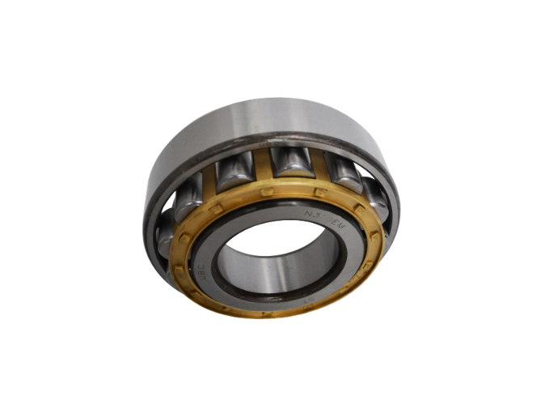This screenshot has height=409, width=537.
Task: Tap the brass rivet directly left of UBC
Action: (x=179, y=265)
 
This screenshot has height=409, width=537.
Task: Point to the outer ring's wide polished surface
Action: (x=267, y=121)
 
